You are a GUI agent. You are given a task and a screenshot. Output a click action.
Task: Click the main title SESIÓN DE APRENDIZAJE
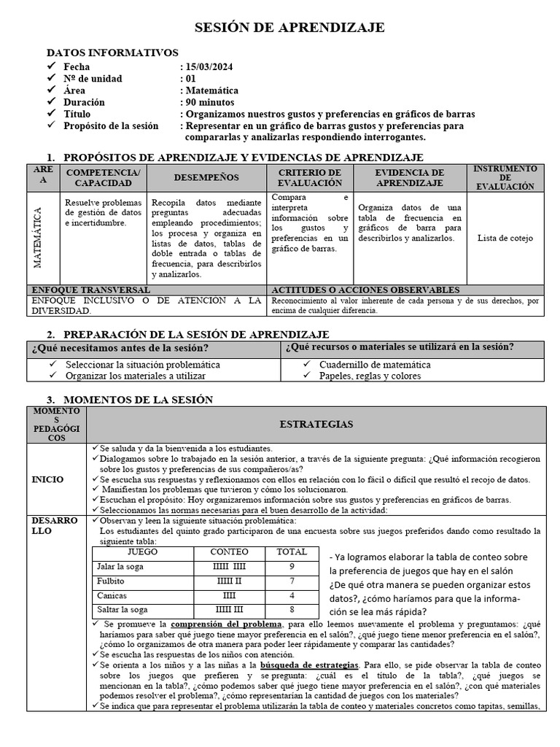(289, 28)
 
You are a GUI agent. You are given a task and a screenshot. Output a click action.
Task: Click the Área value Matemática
(212, 90)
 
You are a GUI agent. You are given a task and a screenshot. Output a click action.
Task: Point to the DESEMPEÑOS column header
(206, 177)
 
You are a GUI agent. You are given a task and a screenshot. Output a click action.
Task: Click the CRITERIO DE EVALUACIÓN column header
(310, 177)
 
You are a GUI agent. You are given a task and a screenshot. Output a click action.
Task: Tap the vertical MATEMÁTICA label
(38, 238)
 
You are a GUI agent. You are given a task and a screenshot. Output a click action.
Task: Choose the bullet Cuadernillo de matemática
(375, 365)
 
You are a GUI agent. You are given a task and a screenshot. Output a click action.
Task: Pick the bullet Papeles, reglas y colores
(370, 376)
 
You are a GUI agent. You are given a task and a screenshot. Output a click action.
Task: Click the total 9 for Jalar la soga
(292, 566)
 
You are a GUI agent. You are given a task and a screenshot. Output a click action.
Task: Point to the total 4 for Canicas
(292, 595)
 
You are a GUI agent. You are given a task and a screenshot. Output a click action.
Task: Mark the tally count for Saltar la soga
(230, 610)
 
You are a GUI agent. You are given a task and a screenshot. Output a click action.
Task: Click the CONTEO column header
(229, 552)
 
